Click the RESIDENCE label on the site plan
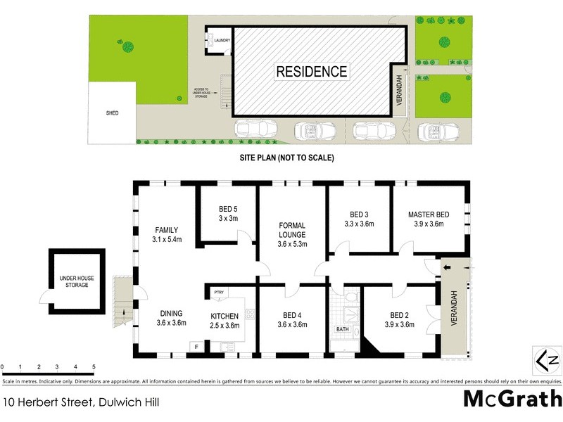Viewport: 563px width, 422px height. (311, 71)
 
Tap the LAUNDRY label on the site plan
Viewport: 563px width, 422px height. (223, 41)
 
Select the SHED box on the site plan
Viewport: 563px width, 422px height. (113, 112)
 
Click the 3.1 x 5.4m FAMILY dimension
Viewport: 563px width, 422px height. (167, 240)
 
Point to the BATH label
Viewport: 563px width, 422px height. (342, 328)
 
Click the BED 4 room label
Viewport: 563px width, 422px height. (291, 314)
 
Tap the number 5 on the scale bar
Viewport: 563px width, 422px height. (94, 367)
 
